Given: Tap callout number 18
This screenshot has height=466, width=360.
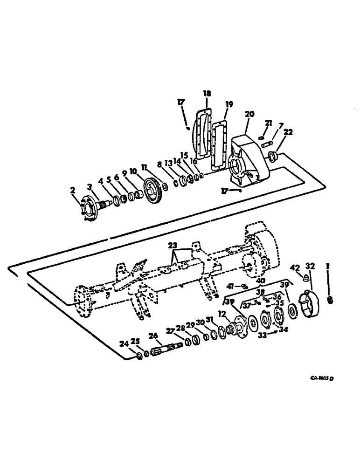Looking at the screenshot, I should [207, 94].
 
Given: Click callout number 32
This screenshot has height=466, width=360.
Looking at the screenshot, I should [310, 266].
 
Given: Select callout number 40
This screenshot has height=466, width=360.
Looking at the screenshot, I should [260, 281].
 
